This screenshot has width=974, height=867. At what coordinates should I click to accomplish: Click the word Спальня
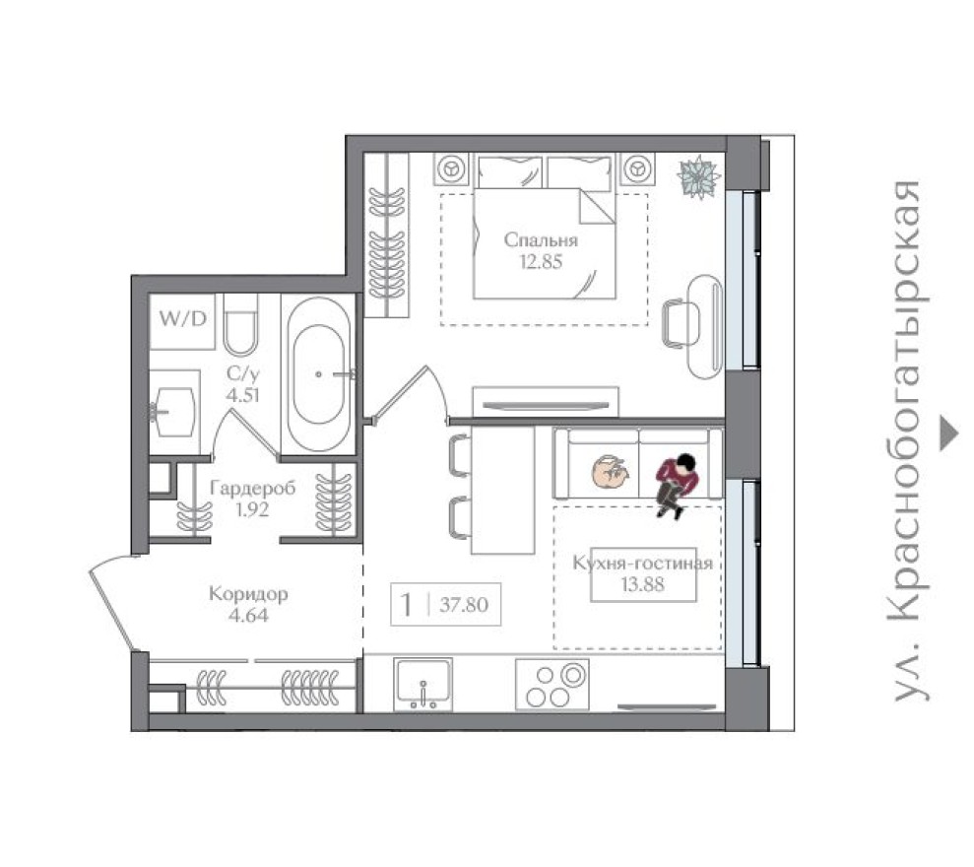pos(540,240)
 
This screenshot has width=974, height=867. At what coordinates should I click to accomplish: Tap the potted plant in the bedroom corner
pos(699,177)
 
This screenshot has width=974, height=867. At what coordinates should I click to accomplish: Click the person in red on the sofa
pos(679,482)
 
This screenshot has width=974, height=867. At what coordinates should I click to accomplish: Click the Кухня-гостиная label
pos(642,564)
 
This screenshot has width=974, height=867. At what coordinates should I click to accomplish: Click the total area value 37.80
pos(463,605)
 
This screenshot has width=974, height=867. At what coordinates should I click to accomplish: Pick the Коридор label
pos(248,595)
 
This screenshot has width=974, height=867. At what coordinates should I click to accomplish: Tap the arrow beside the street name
pos(948,433)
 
